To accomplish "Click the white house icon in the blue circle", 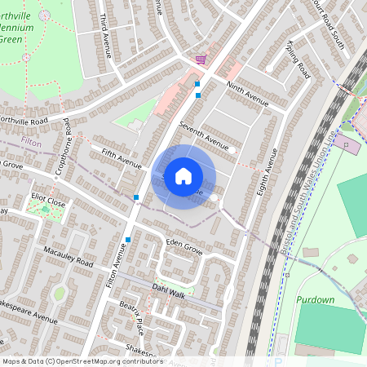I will (183, 176).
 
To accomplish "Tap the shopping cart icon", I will (200, 60).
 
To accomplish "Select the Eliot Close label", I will (48, 198).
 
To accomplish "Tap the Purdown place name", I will (316, 299).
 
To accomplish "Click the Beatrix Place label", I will (131, 316).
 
